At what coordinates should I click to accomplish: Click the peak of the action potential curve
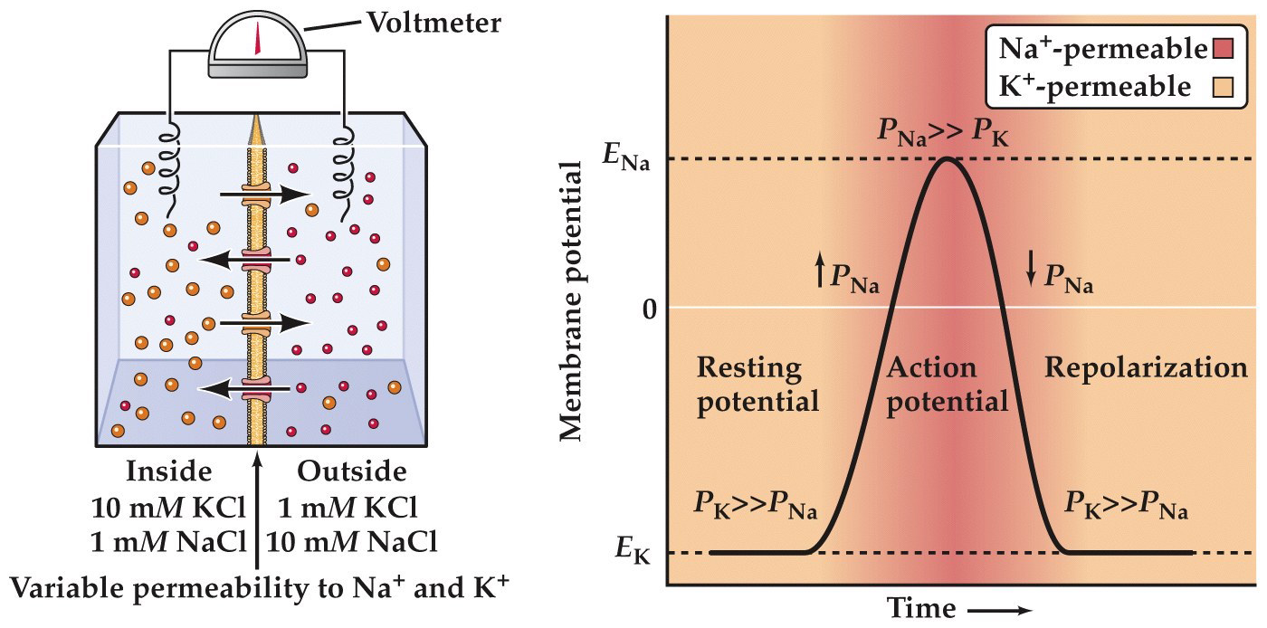coord(947,158)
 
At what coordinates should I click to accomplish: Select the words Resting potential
coord(757,385)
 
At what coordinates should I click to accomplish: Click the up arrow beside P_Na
coord(820,271)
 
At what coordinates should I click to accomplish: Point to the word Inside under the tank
coord(168,471)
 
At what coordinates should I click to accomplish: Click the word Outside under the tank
coord(352,471)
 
